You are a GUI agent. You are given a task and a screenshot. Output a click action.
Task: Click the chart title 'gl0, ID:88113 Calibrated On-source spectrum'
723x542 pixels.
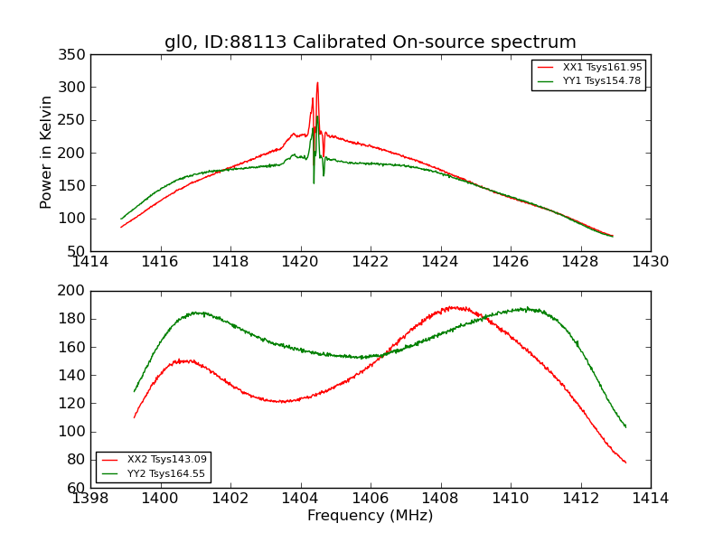(370, 42)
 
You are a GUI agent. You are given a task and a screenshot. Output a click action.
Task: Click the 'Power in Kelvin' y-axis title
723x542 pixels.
(46, 153)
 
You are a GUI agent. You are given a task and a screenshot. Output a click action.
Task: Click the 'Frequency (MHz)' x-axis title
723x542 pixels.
(370, 516)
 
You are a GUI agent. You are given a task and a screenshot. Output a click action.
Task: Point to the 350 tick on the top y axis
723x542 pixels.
(74, 55)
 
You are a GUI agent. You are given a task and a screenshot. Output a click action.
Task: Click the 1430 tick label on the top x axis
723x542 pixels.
(650, 262)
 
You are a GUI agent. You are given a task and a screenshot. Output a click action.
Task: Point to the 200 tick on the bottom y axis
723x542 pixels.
(74, 291)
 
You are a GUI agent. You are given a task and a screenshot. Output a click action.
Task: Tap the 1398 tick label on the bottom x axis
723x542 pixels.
(90, 498)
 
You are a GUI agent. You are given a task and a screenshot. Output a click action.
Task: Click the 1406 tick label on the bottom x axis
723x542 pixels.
(370, 498)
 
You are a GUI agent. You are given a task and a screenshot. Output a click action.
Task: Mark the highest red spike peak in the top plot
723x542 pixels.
(317, 83)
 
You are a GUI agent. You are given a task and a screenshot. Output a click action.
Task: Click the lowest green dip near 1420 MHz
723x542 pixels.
(314, 183)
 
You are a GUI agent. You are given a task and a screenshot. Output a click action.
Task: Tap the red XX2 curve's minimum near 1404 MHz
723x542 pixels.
(282, 401)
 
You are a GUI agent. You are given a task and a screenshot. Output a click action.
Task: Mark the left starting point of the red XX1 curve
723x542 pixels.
(121, 227)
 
